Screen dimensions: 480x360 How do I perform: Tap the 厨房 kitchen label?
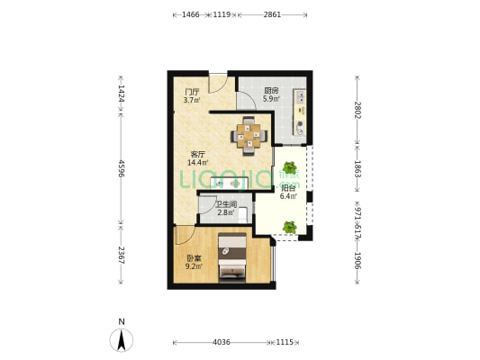tap(271, 91)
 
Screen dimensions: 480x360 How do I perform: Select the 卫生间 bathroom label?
tap(226, 204)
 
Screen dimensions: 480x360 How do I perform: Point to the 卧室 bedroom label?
tap(194, 258)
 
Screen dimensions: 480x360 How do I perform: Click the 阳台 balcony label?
tap(288, 188)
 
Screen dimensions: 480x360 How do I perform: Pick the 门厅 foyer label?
tap(192, 92)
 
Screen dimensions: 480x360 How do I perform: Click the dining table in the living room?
tap(249, 136)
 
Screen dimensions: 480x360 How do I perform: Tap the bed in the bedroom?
tap(232, 257)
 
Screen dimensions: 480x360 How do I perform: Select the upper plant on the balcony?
tap(289, 168)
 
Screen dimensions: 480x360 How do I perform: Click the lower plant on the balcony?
tap(290, 228)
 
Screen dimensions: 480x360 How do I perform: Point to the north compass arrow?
tap(122, 340)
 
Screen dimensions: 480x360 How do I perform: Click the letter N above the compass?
tap(122, 322)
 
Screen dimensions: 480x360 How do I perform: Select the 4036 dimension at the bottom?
tap(222, 342)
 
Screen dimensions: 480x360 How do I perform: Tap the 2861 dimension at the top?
tap(272, 14)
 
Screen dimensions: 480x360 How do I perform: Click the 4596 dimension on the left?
tap(122, 168)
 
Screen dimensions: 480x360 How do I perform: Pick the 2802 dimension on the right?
tap(358, 110)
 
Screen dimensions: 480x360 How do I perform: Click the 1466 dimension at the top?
tap(191, 14)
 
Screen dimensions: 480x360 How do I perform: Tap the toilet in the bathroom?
tap(242, 215)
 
